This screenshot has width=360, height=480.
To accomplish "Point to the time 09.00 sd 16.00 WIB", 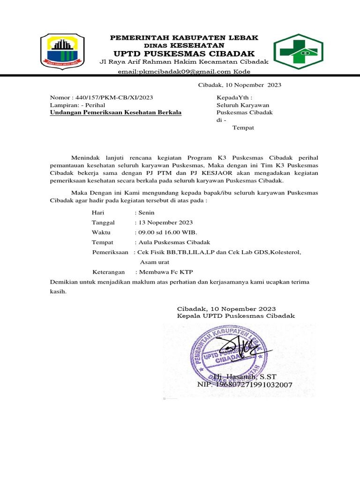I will pyautogui.click(x=167, y=232).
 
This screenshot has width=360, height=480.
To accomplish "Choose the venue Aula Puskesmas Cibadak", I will pyautogui.click(x=173, y=242).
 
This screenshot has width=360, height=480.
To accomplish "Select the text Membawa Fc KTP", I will pyautogui.click(x=165, y=272).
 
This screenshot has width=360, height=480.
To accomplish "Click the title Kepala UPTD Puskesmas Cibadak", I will pyautogui.click(x=235, y=316).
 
